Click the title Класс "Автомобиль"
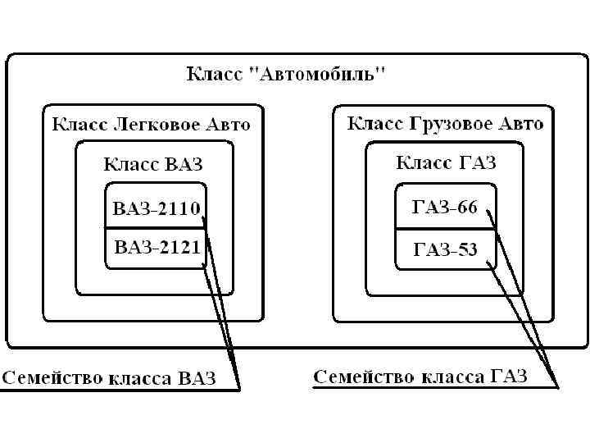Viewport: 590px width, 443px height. pyautogui.click(x=287, y=75)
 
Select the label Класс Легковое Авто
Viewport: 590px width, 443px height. pyautogui.click(x=152, y=126)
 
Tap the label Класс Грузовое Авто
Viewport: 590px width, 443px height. pyautogui.click(x=445, y=124)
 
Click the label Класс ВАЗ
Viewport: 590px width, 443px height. pyautogui.click(x=152, y=163)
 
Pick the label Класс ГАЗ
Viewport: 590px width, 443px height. pyautogui.click(x=446, y=162)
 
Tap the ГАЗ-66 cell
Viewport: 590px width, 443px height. pyautogui.click(x=443, y=208)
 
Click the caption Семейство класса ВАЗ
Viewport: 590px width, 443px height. pyautogui.click(x=109, y=378)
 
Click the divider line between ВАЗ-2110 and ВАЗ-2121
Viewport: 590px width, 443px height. pyautogui.click(x=154, y=227)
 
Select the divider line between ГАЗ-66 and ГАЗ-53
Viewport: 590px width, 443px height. pyautogui.click(x=444, y=229)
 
